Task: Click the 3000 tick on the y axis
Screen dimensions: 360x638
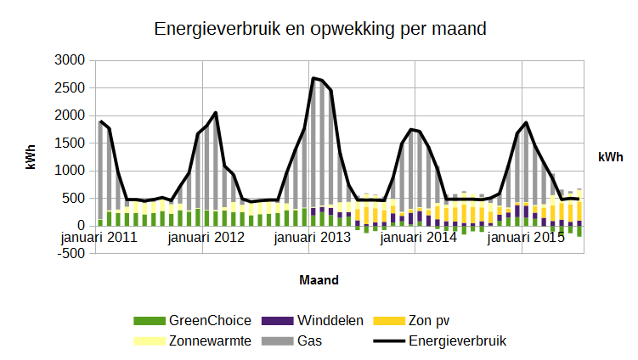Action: point(71,60)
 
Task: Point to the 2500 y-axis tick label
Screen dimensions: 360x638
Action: point(71,87)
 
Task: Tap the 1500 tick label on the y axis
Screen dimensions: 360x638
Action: point(71,143)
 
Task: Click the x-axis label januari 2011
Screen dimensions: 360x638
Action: point(99,238)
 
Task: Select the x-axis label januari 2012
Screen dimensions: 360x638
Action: point(206,238)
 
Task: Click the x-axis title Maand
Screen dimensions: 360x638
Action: point(320,278)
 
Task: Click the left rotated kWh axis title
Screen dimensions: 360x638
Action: point(31,157)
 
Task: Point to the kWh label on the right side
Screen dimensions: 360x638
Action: point(610,157)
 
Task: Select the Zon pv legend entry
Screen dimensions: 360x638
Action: point(430,320)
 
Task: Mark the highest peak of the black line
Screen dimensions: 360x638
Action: point(313,78)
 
